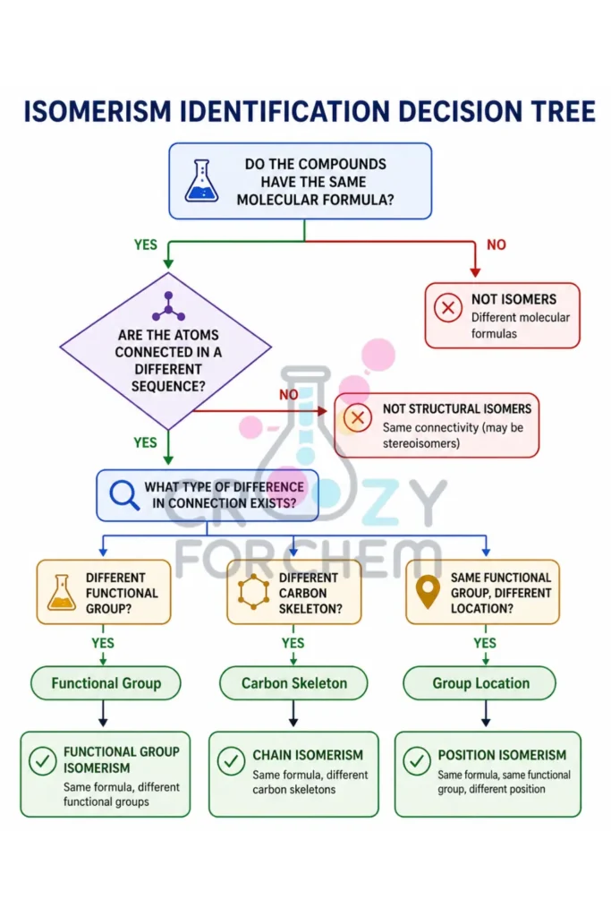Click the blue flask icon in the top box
(201, 181)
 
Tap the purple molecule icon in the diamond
(167, 307)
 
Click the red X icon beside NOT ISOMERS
(447, 308)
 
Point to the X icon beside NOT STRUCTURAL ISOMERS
(357, 417)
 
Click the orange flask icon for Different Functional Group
(61, 592)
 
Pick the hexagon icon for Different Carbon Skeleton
(253, 592)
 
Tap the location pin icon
(429, 591)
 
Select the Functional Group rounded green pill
(106, 683)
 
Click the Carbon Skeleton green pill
(293, 683)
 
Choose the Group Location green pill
(480, 683)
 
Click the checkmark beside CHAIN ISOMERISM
(231, 762)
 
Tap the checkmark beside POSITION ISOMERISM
(416, 762)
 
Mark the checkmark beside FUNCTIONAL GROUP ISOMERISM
(42, 762)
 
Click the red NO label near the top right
(496, 244)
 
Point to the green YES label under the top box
(145, 244)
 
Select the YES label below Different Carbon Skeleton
(293, 643)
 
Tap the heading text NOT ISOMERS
(513, 300)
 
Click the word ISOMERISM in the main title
(99, 112)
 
